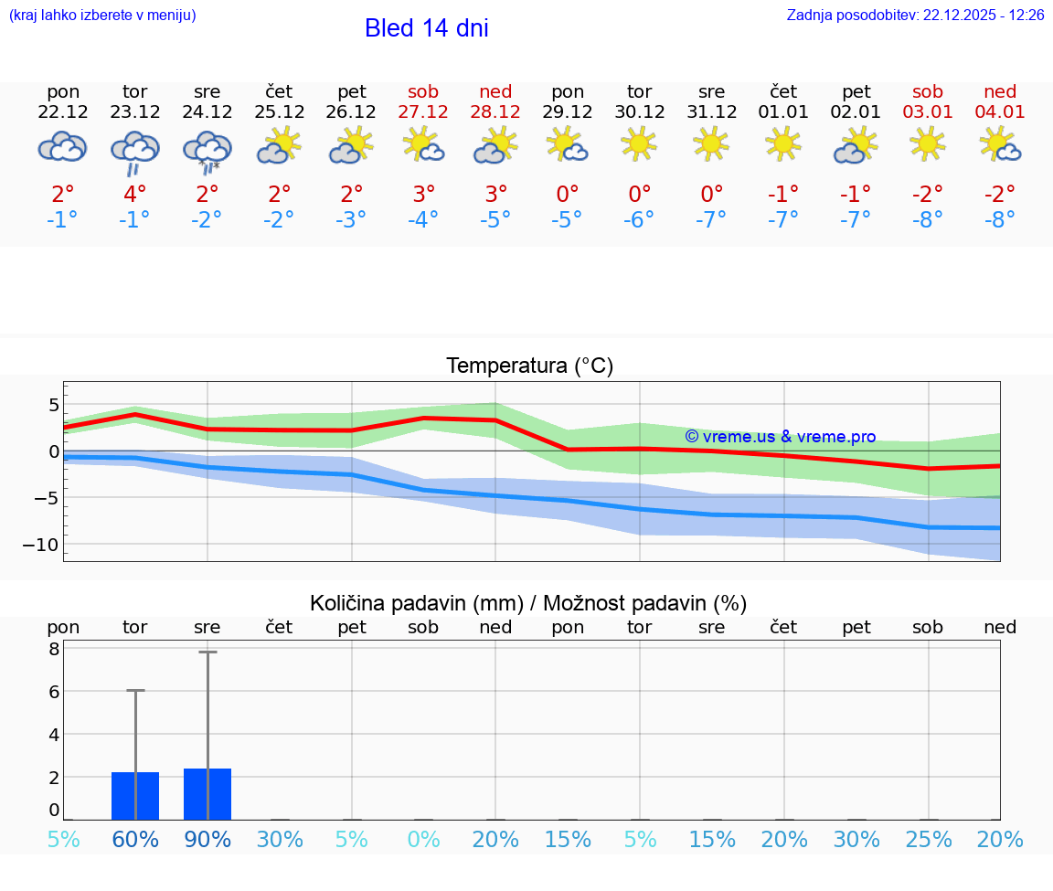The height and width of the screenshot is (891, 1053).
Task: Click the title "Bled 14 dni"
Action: coord(426,28)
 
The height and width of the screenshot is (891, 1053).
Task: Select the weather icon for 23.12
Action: coord(135,151)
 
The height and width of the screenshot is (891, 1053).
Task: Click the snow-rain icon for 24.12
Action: coord(207,151)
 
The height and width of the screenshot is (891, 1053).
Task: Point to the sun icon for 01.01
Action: coord(783,143)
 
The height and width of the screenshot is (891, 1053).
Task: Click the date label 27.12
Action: coord(423,111)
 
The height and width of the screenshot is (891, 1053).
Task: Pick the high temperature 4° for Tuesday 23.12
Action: coord(135,194)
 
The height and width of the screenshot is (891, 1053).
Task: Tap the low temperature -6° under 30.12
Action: coord(639,219)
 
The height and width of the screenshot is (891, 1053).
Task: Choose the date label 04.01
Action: coord(1000,111)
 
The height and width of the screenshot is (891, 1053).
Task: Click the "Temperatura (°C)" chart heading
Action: coord(529,366)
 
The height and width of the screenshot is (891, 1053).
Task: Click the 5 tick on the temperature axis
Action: coord(53,405)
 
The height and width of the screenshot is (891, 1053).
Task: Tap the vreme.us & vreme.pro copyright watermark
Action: coord(780,437)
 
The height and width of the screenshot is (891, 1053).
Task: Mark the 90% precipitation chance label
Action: coord(207,840)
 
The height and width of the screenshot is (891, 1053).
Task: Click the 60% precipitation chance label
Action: coord(135,840)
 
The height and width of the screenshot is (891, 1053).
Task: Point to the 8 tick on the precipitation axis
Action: coord(54,649)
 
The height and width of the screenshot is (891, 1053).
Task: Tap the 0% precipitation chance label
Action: coord(423,840)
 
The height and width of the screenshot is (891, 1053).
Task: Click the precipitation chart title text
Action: coord(528,603)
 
